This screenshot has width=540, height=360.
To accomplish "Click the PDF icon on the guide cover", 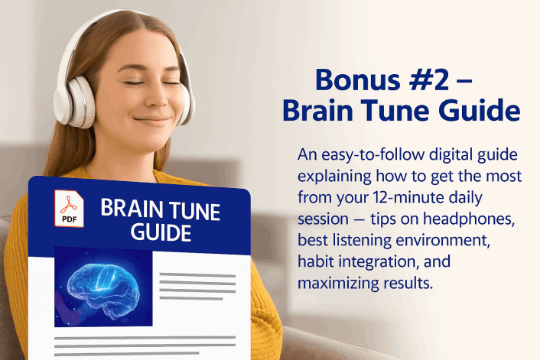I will [x=70, y=208].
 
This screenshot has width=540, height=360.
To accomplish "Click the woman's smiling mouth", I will [x=153, y=120].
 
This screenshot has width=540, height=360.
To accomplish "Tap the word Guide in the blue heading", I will [x=474, y=111].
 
